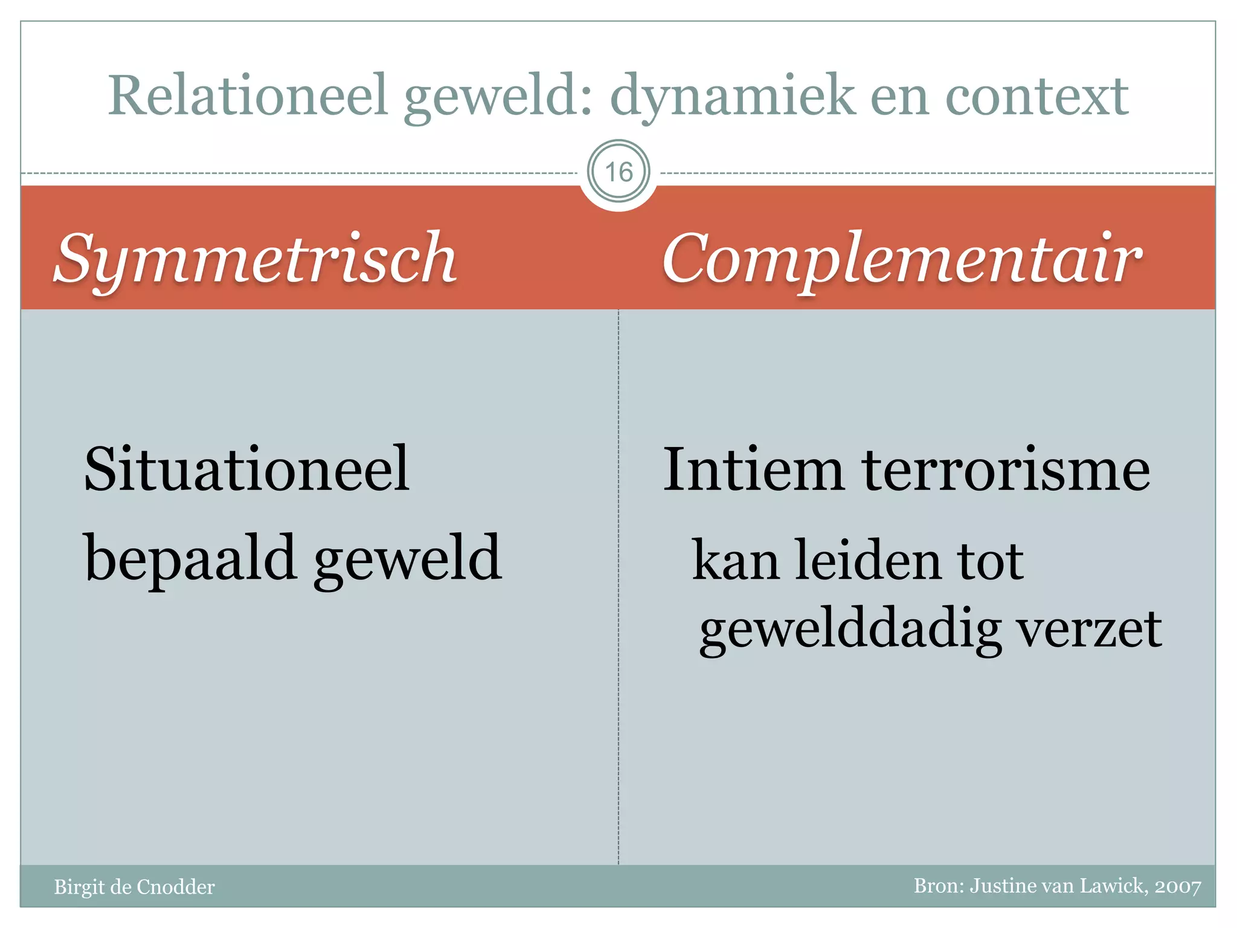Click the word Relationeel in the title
[248, 95]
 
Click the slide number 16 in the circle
[618, 172]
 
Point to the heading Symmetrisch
[255, 259]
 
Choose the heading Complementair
[902, 259]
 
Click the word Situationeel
[247, 469]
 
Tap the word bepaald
[190, 559]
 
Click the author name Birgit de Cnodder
[134, 887]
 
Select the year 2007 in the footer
[1178, 886]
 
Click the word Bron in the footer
[937, 886]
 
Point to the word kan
[735, 561]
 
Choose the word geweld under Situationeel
[408, 559]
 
